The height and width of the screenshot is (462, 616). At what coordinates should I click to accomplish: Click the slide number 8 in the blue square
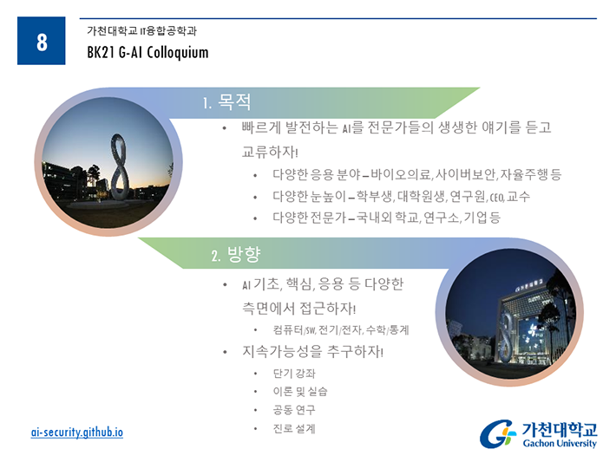coord(42,42)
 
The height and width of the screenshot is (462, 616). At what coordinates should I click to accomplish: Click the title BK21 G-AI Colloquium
coord(147,53)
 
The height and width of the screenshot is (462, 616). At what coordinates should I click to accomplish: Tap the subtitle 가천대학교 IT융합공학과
coord(141,30)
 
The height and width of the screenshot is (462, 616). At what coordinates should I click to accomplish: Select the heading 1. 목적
coord(226,102)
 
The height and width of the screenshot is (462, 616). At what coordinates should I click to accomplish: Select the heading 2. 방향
coord(236,255)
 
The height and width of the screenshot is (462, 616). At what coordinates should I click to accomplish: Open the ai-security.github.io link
coord(77,433)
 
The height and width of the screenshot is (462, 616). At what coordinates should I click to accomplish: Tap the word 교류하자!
coord(270,152)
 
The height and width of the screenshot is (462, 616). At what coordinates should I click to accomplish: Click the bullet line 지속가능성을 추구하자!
coord(312,351)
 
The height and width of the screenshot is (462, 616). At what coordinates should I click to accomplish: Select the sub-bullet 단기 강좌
coord(294,374)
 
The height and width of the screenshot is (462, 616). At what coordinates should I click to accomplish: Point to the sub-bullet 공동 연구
coord(294,410)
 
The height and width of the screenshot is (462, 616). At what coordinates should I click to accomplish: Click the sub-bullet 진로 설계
coord(294,428)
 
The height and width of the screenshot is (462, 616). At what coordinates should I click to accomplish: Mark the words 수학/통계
coord(387,330)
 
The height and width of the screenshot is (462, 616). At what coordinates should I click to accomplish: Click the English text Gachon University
coord(560,444)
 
